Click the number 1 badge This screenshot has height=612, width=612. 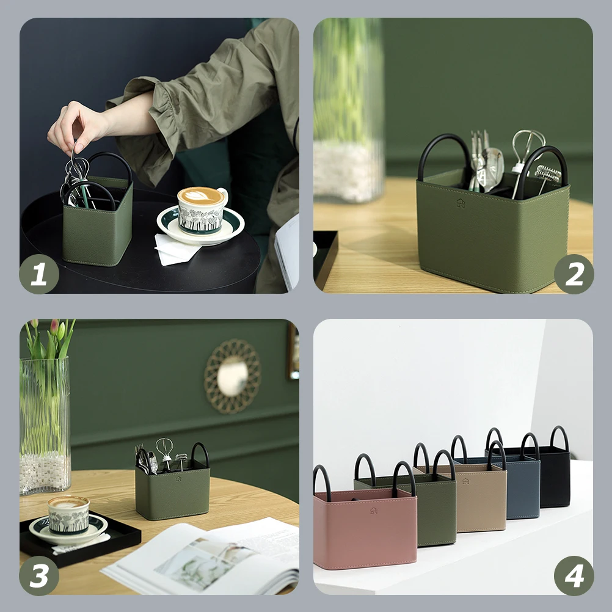click(39, 274)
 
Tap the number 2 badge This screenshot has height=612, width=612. click(574, 274)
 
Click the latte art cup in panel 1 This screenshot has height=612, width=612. click(202, 210)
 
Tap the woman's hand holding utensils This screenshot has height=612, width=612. click(76, 125)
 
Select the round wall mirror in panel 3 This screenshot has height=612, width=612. click(232, 376)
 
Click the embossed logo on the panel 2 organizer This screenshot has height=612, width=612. click(461, 203)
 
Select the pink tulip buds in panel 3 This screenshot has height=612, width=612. click(56, 327)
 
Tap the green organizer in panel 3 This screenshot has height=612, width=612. click(172, 492)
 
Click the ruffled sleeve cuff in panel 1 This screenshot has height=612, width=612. click(137, 122)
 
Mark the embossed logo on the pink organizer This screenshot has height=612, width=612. click(373, 509)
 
